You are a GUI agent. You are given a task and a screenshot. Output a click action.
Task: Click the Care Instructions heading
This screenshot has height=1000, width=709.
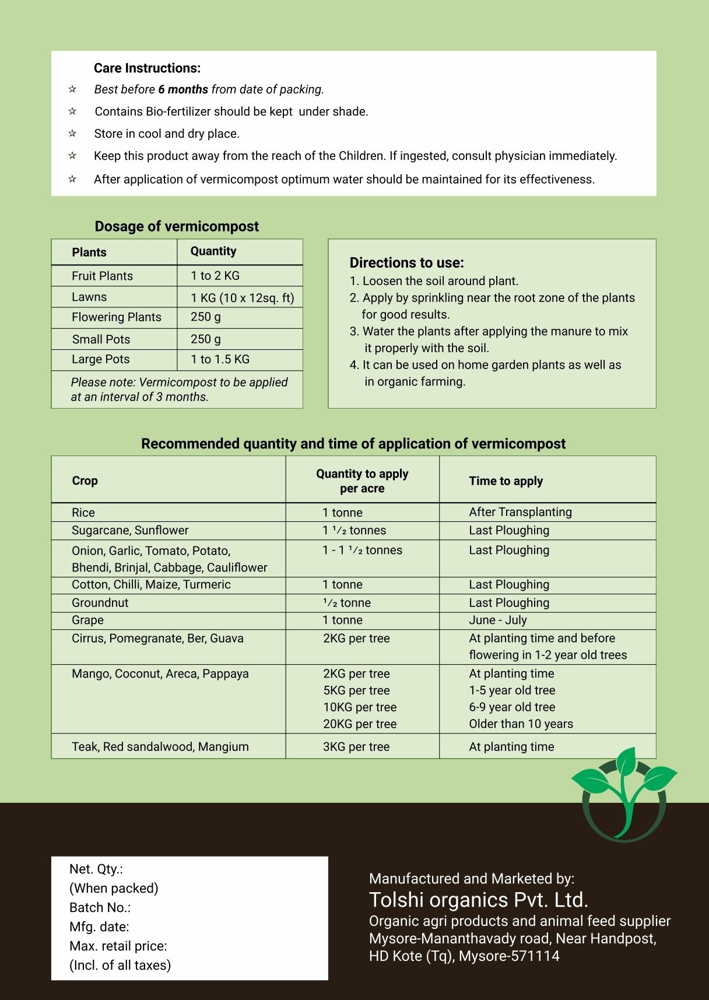click(x=147, y=68)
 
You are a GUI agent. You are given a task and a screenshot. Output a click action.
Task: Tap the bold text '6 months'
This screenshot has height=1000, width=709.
click(x=183, y=89)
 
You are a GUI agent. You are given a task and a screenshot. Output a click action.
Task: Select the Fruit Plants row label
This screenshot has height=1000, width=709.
click(x=102, y=276)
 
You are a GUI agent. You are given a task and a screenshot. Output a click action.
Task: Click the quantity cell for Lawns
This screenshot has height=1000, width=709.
click(x=242, y=297)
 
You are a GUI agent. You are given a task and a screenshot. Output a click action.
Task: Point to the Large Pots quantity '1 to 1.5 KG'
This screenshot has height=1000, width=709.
click(x=220, y=359)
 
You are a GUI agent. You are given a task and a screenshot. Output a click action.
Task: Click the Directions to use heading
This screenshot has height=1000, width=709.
click(x=406, y=262)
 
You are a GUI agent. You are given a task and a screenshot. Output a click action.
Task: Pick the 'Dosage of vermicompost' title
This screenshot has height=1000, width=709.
click(x=177, y=226)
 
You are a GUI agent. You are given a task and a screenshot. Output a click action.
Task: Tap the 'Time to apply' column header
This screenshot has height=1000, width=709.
click(x=506, y=481)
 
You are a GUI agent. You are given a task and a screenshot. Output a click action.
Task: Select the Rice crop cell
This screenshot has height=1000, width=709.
click(x=83, y=513)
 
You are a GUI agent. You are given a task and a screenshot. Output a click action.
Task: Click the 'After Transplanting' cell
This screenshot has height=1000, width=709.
click(x=520, y=512)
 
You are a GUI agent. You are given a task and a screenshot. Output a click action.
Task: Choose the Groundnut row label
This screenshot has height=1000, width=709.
click(x=100, y=602)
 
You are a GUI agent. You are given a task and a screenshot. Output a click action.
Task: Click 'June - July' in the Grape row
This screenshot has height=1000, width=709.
click(x=497, y=620)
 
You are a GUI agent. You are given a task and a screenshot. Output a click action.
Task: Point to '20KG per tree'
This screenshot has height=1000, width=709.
click(x=360, y=724)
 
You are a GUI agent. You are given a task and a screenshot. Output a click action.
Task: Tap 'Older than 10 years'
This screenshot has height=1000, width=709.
click(x=521, y=724)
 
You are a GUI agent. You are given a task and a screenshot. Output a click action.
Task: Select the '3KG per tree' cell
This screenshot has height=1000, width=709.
click(x=356, y=746)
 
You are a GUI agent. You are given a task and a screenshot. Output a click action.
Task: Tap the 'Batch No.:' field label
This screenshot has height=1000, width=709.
click(x=100, y=907)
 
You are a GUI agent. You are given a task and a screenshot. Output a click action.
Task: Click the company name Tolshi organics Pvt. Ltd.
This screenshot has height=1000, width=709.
click(x=478, y=900)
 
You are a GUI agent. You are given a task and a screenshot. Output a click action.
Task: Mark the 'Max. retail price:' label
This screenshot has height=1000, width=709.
click(x=118, y=946)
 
